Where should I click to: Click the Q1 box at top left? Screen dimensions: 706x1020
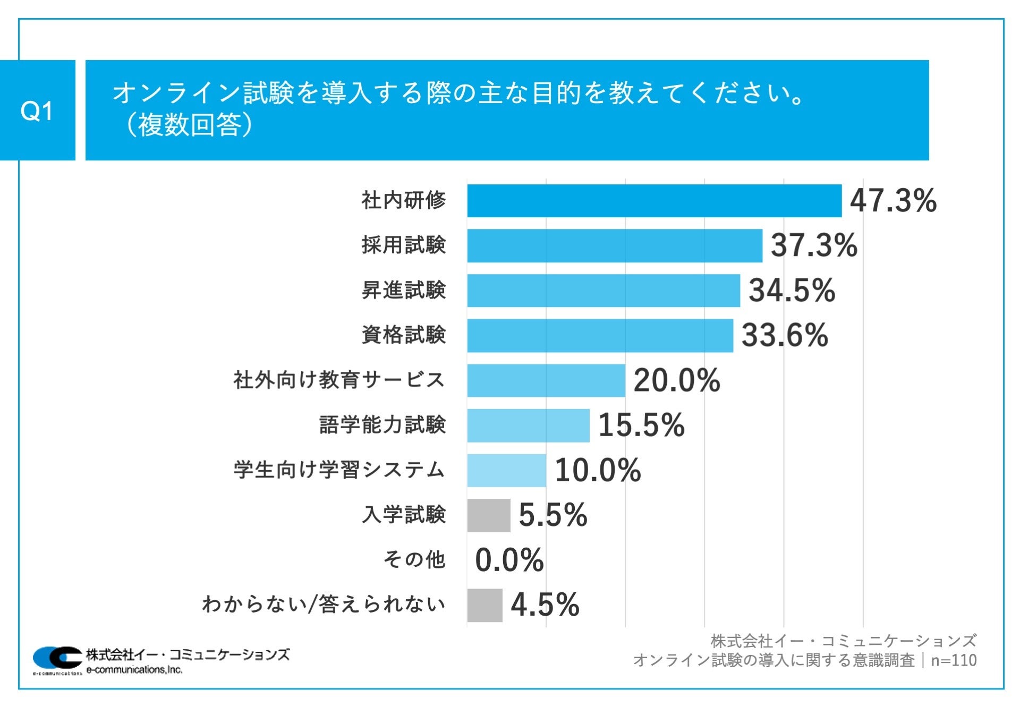[x=37, y=110]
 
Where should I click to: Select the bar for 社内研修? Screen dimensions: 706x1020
[x=654, y=201]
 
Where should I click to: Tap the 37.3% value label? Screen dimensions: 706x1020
[x=814, y=245]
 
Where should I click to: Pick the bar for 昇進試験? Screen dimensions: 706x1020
[x=603, y=291]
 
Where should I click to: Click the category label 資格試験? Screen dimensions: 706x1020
[x=404, y=335]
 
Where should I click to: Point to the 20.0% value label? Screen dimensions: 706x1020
[x=676, y=380]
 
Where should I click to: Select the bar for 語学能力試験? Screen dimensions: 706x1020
[x=528, y=425]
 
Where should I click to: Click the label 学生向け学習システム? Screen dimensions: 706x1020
[x=339, y=470]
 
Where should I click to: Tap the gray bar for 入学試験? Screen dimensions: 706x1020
[x=489, y=515]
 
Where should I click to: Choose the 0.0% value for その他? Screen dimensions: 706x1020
[x=509, y=560]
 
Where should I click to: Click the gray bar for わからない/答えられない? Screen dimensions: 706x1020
[x=484, y=605]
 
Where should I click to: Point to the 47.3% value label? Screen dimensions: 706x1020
[x=893, y=201]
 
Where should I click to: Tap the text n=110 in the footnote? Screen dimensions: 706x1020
[x=954, y=660]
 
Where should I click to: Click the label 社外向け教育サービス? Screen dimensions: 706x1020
[x=339, y=380]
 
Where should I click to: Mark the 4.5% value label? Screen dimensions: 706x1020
[x=545, y=605]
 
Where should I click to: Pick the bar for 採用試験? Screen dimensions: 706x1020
[x=615, y=245]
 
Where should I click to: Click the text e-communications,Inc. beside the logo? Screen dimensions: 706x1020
[x=134, y=670]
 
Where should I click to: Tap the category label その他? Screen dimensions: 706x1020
[x=414, y=560]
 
